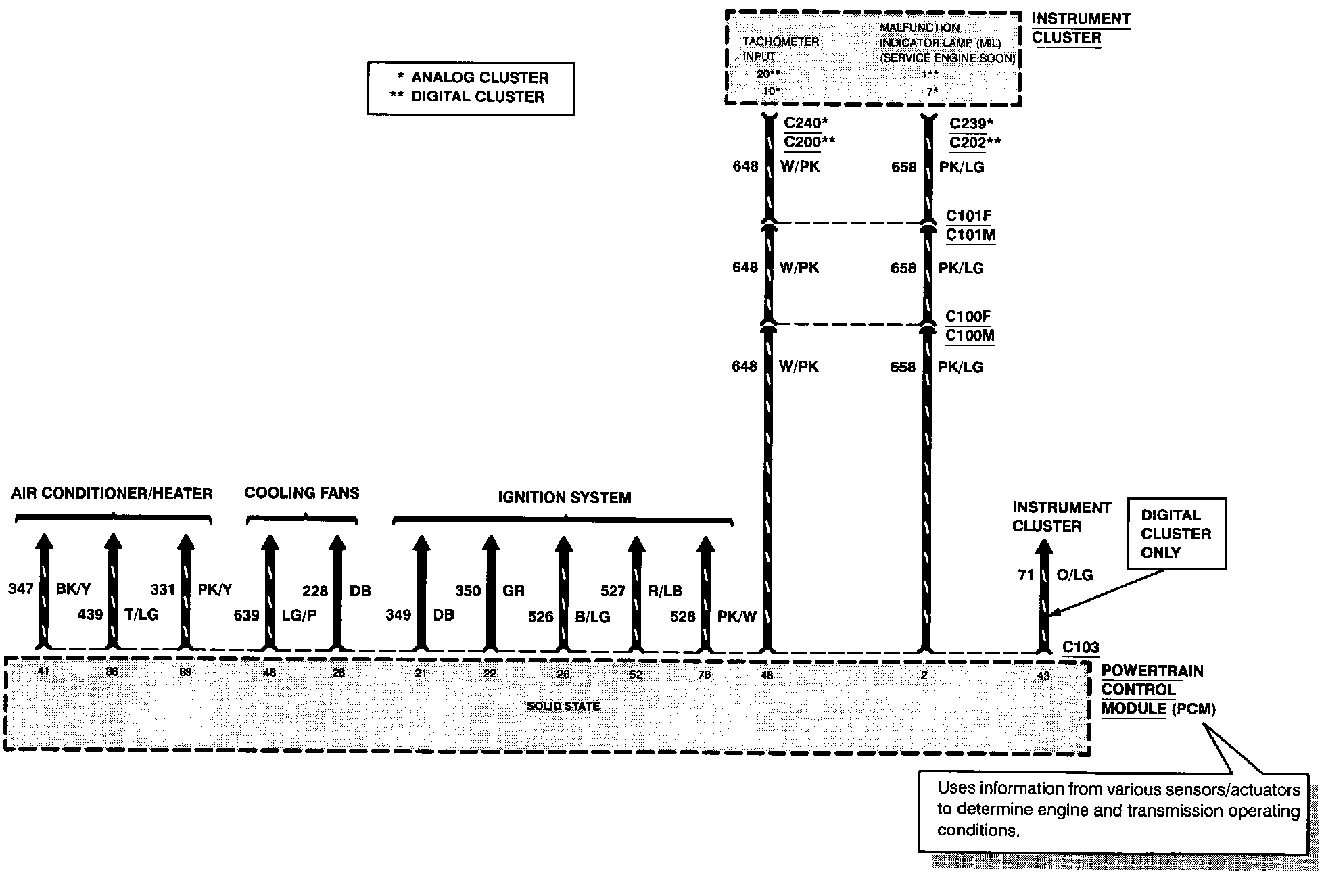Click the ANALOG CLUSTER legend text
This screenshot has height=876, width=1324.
479,78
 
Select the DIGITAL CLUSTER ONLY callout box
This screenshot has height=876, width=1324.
1176,533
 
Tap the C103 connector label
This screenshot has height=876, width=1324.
1081,647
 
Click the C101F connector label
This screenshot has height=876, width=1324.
968,216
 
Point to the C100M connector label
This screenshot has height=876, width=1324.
970,336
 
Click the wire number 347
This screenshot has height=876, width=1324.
20,589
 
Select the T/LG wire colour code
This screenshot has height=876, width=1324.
141,614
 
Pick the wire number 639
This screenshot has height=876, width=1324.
246,615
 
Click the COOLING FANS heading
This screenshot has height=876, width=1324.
302,493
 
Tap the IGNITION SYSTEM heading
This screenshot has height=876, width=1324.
564,497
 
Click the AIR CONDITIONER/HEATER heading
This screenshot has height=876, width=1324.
112,493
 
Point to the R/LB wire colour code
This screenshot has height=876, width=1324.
665,591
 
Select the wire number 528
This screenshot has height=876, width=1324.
683,616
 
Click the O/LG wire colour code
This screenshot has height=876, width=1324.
1074,575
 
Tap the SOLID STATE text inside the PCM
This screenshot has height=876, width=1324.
563,706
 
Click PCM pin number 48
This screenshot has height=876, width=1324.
767,675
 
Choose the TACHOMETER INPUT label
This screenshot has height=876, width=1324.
780,49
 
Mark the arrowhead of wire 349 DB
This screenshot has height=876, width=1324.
421,543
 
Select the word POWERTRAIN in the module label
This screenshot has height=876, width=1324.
1152,671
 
